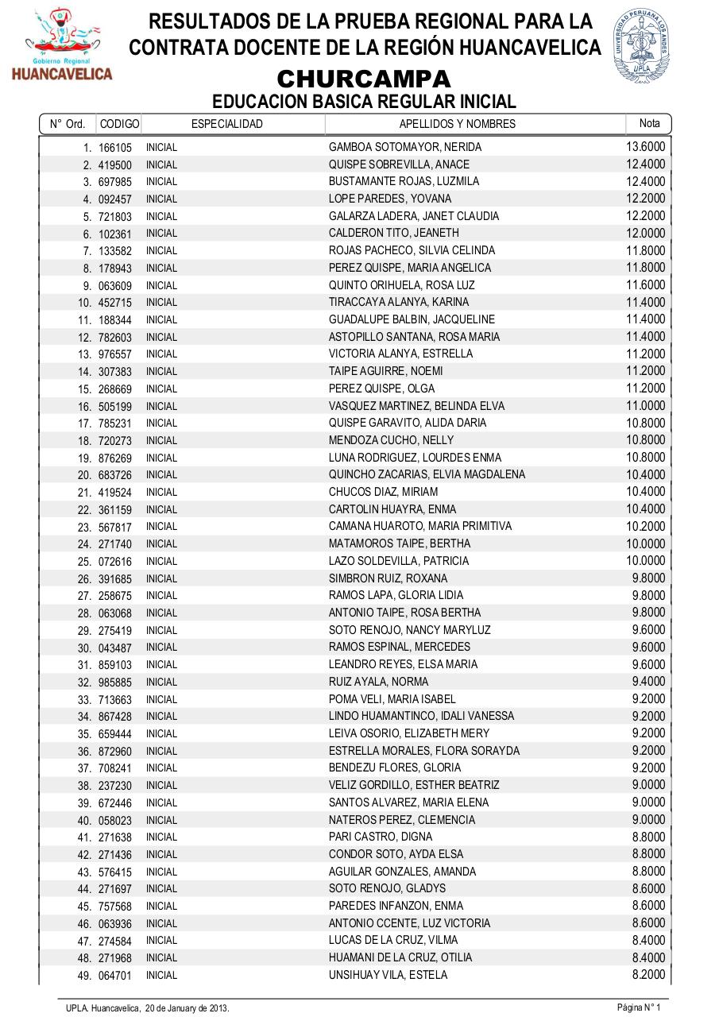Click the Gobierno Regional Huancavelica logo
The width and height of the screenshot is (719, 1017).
[61, 45]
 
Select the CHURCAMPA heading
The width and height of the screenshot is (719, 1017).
[364, 79]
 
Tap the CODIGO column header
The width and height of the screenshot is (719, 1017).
[119, 124]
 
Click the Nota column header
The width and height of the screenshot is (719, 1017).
[649, 123]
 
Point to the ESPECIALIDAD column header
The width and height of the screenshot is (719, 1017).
[226, 124]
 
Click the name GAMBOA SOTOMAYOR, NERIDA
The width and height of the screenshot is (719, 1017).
[394, 147]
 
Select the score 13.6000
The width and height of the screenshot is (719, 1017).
[645, 146]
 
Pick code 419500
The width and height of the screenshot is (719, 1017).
[115, 165]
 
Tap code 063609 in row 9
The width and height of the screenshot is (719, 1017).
[115, 286]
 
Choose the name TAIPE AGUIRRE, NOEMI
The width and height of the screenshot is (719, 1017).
[375, 371]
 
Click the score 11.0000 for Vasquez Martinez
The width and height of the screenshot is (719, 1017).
[645, 405]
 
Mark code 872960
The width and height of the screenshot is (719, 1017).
[115, 752]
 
